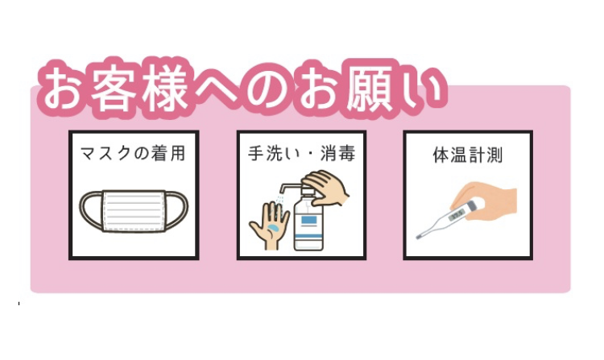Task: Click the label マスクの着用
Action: click(133, 153)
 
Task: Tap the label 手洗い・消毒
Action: click(301, 153)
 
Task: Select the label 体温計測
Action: click(468, 155)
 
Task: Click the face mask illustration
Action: click(134, 211)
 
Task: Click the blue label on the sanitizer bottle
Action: click(309, 220)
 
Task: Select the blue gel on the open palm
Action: click(275, 228)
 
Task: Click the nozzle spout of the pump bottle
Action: click(283, 188)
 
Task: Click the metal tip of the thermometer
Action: click(420, 237)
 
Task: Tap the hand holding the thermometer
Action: click(486, 201)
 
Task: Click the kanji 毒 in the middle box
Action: click(346, 153)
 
